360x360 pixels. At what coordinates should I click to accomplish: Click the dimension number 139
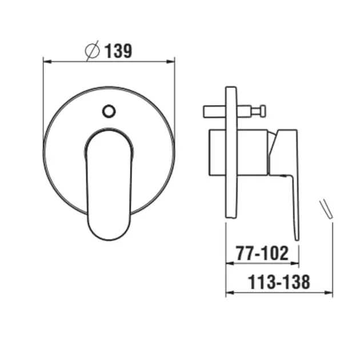point(118,51)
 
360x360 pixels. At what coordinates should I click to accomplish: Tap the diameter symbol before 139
point(93,51)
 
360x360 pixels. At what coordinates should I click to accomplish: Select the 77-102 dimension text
point(262,253)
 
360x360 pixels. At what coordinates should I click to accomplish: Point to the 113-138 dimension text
point(279,282)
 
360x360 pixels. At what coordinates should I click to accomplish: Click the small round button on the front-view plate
point(109,111)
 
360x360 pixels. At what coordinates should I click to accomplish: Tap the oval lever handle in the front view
point(109,184)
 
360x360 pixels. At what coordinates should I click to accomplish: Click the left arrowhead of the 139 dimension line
point(47,62)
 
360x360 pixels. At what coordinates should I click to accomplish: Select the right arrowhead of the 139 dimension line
point(171,62)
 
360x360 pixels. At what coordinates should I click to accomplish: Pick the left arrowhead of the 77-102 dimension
point(230,263)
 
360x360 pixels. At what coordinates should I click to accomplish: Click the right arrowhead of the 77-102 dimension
point(294,263)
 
